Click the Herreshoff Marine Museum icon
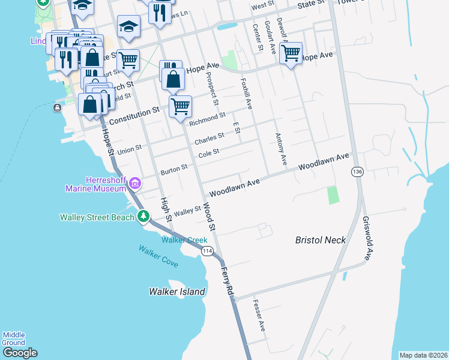tap(135, 182)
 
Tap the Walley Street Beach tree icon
tap(143, 216)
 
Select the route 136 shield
tap(358, 172)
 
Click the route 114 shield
tap(208, 251)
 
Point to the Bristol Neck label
tap(321, 240)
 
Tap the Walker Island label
tap(177, 292)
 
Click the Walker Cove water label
tap(158, 256)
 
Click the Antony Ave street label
tap(280, 149)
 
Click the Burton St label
tap(174, 171)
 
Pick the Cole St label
tap(209, 154)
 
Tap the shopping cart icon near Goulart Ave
tap(291, 53)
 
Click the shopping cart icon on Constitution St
tap(180, 107)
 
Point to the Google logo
tap(19, 353)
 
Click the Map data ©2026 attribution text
tap(423, 355)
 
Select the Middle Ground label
tap(13, 338)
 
